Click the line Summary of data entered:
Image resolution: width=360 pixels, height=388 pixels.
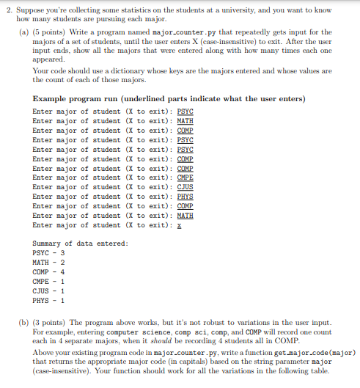click(x=81, y=243)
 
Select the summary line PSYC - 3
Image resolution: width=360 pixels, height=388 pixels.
click(x=49, y=252)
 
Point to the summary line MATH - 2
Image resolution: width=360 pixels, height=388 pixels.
click(x=49, y=262)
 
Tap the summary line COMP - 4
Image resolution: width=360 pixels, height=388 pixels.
click(x=49, y=271)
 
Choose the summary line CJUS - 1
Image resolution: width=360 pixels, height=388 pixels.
click(x=49, y=290)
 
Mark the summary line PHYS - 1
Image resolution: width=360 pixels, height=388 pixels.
click(x=49, y=300)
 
